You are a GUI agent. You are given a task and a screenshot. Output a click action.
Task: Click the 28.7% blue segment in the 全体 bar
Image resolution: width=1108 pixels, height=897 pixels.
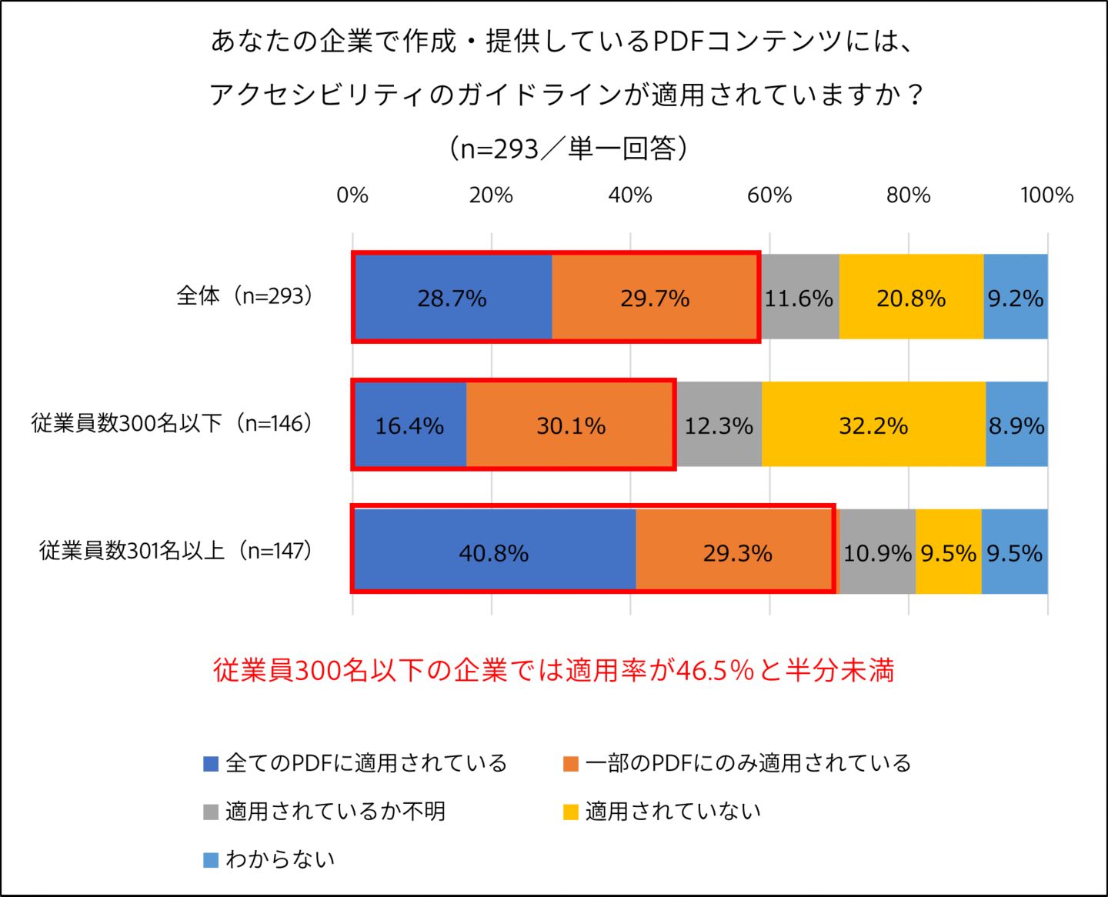pos(452,298)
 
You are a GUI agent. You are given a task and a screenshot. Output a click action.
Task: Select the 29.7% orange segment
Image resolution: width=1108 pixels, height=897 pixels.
pos(655,298)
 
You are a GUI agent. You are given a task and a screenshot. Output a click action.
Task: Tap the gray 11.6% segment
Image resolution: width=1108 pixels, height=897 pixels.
pos(799,298)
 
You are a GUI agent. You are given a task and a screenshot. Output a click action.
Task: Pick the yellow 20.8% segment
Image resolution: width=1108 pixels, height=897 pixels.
pos(911,298)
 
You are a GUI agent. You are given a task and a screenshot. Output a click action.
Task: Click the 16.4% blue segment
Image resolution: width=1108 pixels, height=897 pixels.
pos(409,425)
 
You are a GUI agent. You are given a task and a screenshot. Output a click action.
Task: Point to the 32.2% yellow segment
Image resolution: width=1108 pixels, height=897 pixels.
pos(873,425)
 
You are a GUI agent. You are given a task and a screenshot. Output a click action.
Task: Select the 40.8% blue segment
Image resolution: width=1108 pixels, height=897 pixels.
pos(494,552)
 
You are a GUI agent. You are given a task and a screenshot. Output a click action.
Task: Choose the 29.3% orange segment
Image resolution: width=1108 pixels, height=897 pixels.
pos(737,552)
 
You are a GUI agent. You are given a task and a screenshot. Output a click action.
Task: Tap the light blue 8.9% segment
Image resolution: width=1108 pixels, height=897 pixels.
pos(1016,425)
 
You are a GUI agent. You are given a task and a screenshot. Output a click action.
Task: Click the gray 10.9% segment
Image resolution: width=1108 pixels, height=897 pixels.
pos(877,552)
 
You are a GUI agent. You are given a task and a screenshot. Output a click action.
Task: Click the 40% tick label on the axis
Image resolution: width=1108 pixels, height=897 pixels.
pos(630,195)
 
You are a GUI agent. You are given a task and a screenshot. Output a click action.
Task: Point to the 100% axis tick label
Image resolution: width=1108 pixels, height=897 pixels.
pos(1046,195)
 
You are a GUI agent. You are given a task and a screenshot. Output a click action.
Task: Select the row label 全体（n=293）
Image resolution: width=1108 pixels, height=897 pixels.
pos(245,295)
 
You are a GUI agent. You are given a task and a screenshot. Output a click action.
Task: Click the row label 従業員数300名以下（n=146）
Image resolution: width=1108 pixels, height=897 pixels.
pos(172,423)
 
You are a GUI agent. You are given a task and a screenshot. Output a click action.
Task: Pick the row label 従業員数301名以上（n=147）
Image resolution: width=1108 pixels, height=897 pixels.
pos(176,550)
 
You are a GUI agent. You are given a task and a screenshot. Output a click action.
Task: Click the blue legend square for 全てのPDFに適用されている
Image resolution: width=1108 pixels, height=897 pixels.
pos(211,764)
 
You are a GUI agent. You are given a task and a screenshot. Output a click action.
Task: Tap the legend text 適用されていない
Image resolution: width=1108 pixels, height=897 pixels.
pos(673,812)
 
